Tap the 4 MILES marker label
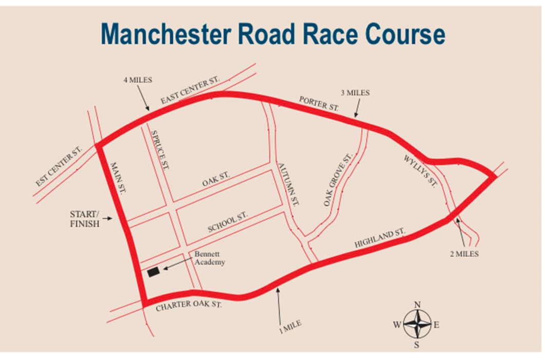[138, 80]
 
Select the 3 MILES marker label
[355, 93]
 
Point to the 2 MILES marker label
[464, 254]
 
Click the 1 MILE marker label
[290, 327]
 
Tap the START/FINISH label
[85, 218]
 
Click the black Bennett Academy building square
[153, 273]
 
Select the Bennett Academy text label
[209, 258]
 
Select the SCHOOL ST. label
[228, 222]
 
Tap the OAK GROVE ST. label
[338, 179]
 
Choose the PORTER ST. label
[319, 104]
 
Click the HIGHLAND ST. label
[380, 239]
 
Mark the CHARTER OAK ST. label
[188, 306]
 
